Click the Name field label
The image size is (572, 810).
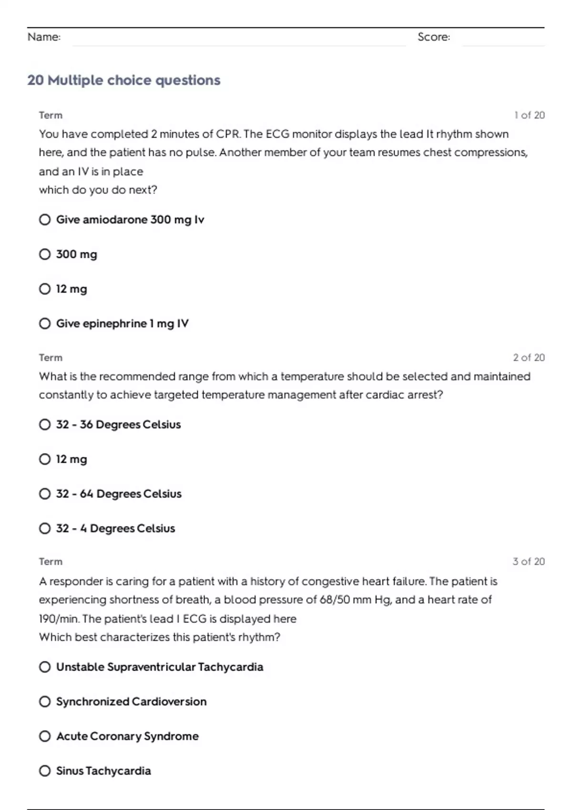click(x=44, y=37)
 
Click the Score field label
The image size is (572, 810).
click(x=433, y=37)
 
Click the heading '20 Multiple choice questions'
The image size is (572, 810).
click(x=124, y=80)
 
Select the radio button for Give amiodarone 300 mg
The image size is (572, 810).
click(x=45, y=220)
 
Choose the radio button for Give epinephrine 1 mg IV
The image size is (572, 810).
click(x=45, y=324)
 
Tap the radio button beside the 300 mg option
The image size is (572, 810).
click(x=45, y=254)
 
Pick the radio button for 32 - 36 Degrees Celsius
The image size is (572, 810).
click(x=45, y=425)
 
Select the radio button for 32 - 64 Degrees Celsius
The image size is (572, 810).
click(x=45, y=494)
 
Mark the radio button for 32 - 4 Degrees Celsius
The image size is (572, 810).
click(x=45, y=528)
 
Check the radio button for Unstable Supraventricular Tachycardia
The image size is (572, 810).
click(x=45, y=667)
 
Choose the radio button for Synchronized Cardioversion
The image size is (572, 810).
click(x=45, y=701)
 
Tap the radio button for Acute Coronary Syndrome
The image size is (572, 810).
click(x=45, y=736)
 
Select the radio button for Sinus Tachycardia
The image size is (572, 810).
click(x=45, y=771)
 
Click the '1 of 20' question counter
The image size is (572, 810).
click(x=529, y=115)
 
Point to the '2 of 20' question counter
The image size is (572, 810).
click(x=529, y=357)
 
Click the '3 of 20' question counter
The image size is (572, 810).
click(x=529, y=561)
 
